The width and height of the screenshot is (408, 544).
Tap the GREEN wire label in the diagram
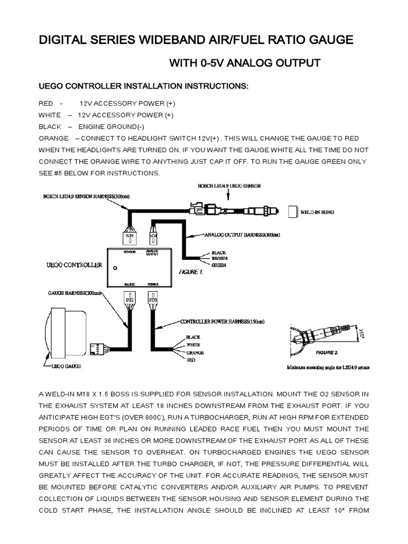click(220, 265)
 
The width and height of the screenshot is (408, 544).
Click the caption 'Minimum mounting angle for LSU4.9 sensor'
click(328, 367)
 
